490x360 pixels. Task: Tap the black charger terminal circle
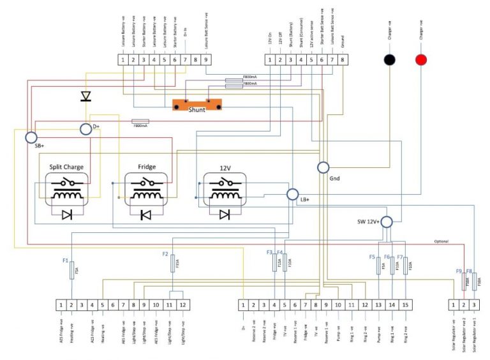pyautogui.click(x=389, y=59)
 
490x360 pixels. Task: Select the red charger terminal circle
pyautogui.click(x=421, y=59)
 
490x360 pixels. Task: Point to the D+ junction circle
pyautogui.click(x=86, y=130)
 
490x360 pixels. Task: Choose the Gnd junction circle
pyautogui.click(x=323, y=167)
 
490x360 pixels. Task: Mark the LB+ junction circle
pyautogui.click(x=292, y=195)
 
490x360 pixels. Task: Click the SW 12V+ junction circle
pyautogui.click(x=387, y=220)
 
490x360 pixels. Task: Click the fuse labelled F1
pyautogui.click(x=71, y=270)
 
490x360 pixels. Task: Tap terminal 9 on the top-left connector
pyautogui.click(x=205, y=59)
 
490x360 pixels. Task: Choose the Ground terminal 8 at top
pyautogui.click(x=343, y=59)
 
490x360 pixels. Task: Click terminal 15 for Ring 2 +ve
pyautogui.click(x=405, y=304)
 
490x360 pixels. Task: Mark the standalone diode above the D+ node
pyautogui.click(x=85, y=96)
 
